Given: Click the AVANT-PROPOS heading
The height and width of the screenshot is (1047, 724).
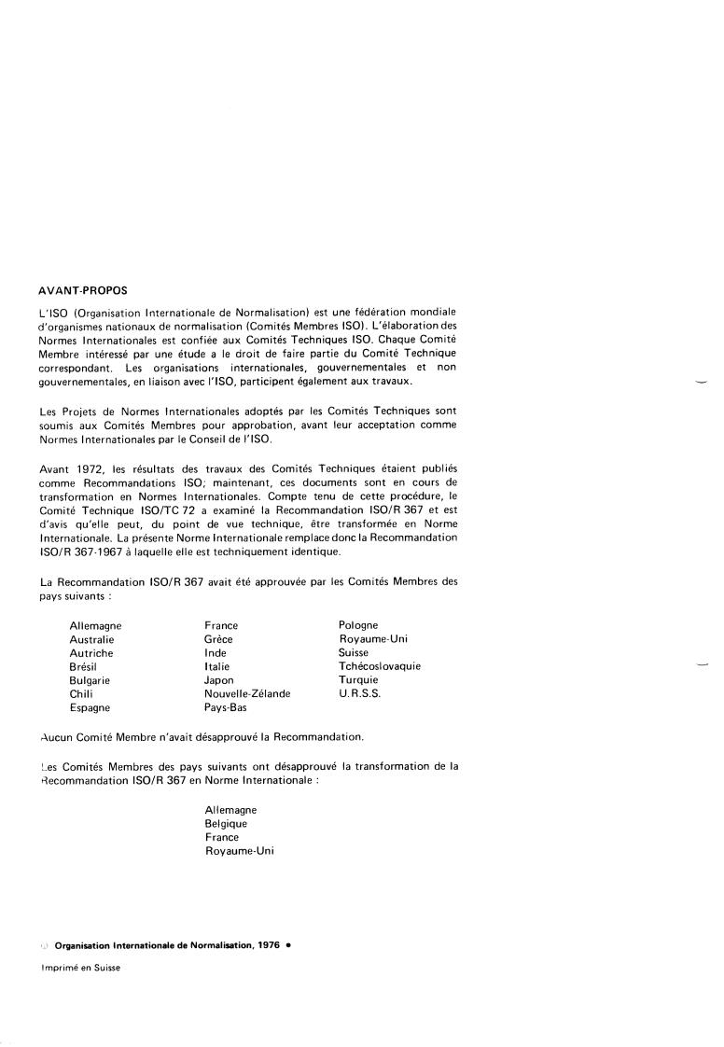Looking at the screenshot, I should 83,290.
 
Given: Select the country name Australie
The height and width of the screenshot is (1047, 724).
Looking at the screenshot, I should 91,639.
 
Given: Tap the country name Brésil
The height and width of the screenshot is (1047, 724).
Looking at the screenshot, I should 83,667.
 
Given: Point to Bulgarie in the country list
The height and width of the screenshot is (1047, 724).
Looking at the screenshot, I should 89,680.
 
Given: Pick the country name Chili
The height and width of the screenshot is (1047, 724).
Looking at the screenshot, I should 81,694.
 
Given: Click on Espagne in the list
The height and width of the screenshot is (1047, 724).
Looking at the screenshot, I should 90,708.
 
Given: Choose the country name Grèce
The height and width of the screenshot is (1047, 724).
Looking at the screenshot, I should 218,639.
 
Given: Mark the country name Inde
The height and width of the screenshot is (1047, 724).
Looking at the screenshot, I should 216,653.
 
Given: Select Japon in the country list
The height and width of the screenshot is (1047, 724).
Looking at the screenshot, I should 219,680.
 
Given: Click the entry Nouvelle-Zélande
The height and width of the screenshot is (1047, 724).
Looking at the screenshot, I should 247,694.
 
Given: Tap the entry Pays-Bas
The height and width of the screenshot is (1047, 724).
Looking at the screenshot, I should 225,708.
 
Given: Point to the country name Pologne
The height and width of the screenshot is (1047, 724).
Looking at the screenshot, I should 358,625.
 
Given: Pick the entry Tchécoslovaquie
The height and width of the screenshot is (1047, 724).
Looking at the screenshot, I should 380,667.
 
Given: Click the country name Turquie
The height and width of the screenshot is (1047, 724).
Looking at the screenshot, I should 359,680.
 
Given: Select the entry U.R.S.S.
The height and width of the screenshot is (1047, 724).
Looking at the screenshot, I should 359,694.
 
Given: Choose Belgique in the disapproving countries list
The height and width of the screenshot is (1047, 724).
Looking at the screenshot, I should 226,824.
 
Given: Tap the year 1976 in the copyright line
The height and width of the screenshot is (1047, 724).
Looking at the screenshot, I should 269,945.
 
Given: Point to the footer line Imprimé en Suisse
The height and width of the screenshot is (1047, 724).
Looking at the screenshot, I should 80,968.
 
